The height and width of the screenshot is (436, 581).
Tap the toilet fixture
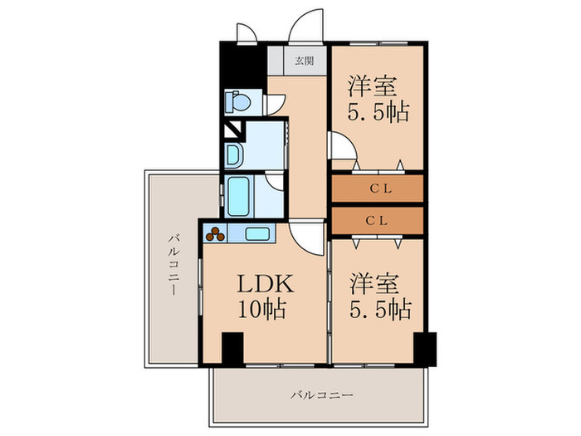[238, 102]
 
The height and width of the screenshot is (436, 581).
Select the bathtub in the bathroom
[239, 196]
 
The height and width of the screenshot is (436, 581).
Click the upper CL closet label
[378, 189]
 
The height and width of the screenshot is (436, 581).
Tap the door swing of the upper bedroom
[343, 148]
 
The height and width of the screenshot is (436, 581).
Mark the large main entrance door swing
[305, 26]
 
